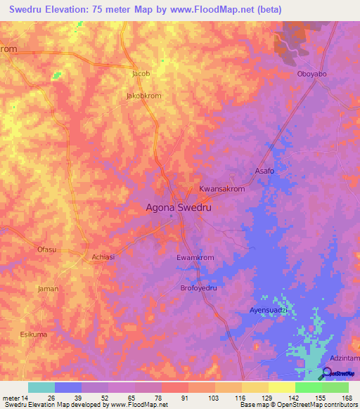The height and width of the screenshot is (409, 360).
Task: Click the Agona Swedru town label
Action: tap(178, 208)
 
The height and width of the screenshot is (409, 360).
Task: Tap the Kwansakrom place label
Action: tap(221, 190)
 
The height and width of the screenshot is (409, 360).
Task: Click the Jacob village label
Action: tap(141, 73)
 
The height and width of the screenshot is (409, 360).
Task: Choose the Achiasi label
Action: tap(105, 257)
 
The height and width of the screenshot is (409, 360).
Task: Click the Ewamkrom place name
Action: tap(195, 258)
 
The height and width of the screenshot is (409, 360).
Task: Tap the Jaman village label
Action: tap(49, 289)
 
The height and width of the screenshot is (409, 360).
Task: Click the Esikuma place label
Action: tap(34, 335)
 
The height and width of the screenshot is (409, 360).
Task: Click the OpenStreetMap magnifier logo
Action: tap(328, 373)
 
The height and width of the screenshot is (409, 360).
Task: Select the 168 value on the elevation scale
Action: tap(345, 398)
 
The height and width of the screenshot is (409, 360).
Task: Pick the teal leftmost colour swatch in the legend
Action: tap(41, 387)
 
